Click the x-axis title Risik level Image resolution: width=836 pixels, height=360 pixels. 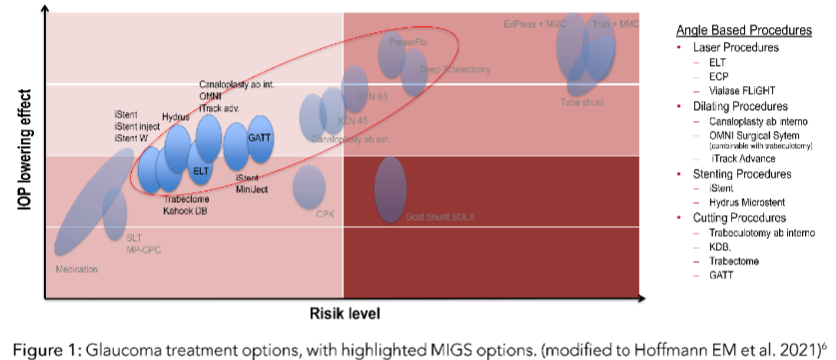click(345, 312)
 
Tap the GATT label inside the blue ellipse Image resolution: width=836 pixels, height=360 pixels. click(260, 137)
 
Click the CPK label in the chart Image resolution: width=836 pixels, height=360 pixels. click(325, 214)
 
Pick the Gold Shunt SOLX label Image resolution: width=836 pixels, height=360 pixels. click(431, 216)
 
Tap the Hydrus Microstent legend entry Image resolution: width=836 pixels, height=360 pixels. click(745, 202)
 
